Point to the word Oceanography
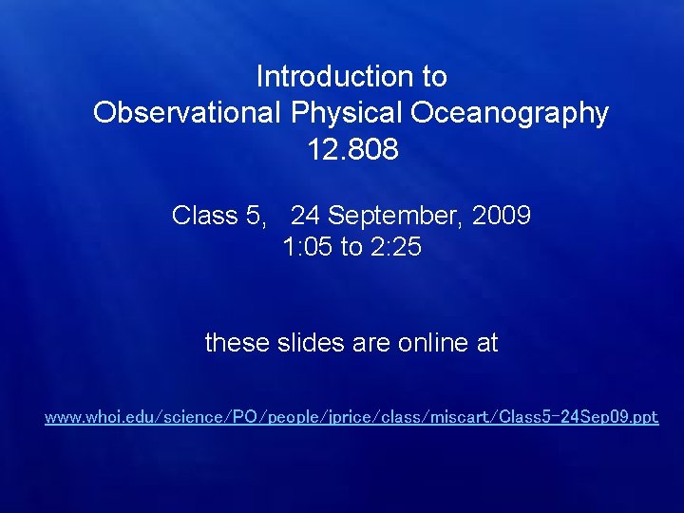(x=510, y=113)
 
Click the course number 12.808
(x=352, y=150)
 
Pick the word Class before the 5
(x=203, y=216)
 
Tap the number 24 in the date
(x=306, y=216)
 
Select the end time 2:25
(x=396, y=248)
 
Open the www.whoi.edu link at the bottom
(x=351, y=417)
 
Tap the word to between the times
(x=351, y=248)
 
